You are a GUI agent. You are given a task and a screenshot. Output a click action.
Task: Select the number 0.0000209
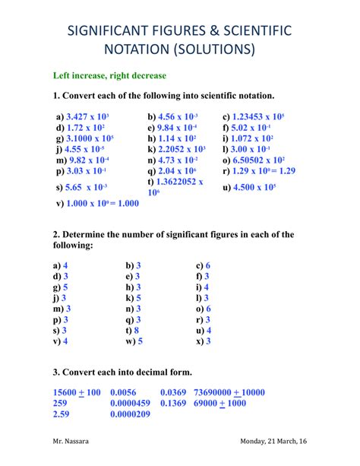point(130,414)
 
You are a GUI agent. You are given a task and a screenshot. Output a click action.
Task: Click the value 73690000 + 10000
point(229,392)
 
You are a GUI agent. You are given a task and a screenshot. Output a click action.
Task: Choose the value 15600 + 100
point(77,392)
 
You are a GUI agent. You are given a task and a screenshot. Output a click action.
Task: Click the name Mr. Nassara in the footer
point(71,442)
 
